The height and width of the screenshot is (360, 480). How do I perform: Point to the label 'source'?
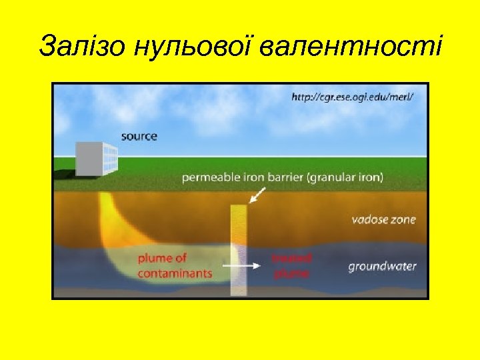coord(139,136)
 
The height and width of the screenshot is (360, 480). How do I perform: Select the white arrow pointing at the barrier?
coord(257,195)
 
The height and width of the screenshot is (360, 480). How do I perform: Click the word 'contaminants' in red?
coord(175,273)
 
